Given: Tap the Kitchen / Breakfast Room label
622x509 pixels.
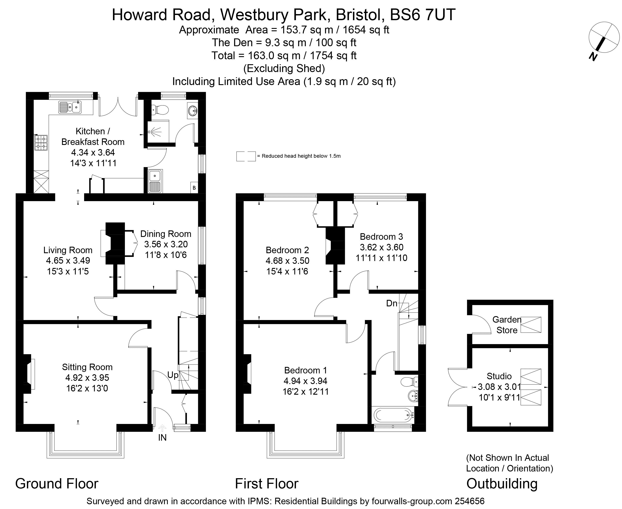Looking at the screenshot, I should point(93,136).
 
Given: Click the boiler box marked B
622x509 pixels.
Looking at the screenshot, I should point(194,188).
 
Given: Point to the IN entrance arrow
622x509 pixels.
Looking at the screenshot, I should point(162,429).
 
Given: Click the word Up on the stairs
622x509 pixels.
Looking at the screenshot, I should point(173,375).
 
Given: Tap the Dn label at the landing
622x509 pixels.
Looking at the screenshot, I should point(392,303).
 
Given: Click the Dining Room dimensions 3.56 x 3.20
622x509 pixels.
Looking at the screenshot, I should point(166,244).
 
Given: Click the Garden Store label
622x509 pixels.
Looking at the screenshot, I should point(507,325).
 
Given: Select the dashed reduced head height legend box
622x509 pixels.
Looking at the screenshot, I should point(246,156).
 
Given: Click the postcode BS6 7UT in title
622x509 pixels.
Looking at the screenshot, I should point(423,15).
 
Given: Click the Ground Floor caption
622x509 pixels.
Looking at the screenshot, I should point(57,483).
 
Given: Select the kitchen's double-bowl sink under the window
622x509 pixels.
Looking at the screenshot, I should point(70,107).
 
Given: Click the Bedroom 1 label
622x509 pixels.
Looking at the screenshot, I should point(305,370).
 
